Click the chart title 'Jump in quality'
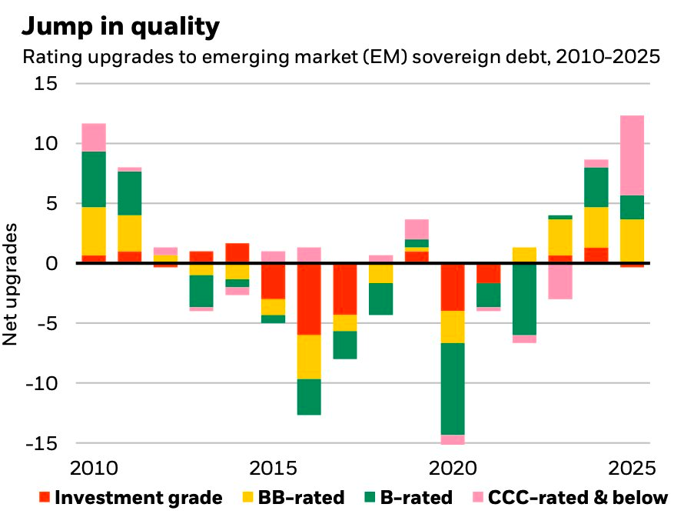[121, 27]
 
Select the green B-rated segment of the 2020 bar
[452, 389]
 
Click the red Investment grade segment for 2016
[308, 299]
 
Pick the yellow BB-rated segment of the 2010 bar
[94, 231]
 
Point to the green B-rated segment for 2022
[524, 299]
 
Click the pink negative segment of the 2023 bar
[560, 281]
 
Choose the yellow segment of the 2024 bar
[596, 227]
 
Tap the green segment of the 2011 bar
[129, 193]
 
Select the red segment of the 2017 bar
[344, 289]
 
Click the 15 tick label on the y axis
[46, 83]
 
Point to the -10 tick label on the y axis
[40, 383]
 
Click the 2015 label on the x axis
[271, 468]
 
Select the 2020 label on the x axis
[453, 468]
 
